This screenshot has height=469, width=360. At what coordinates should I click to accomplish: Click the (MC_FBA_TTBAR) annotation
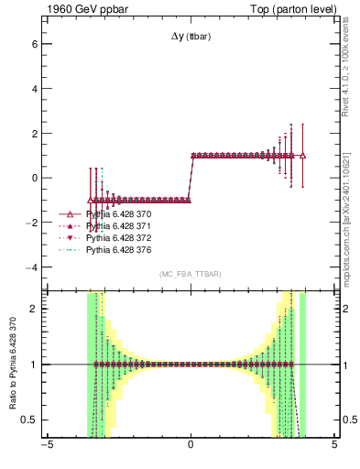[x=191, y=275]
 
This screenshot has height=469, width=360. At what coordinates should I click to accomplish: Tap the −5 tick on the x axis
[x=47, y=448]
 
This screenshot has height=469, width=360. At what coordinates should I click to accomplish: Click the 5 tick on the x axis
[x=334, y=448]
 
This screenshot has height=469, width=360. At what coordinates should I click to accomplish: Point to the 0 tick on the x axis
[x=191, y=448]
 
